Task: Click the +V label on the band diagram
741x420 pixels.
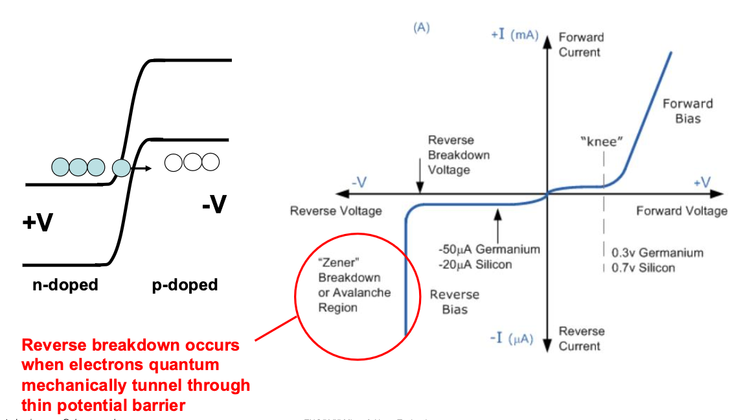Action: [37, 223]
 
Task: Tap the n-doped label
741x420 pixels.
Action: [65, 285]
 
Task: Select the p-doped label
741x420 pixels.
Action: [185, 285]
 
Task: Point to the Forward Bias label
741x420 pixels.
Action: [687, 111]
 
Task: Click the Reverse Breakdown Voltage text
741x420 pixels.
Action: [459, 155]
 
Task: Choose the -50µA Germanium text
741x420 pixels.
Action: [489, 250]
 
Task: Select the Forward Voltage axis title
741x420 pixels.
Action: [681, 211]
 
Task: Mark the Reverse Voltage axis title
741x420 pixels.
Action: [336, 211]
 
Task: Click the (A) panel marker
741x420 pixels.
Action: [421, 28]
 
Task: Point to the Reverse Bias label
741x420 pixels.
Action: [455, 302]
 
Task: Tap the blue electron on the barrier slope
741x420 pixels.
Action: [121, 168]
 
